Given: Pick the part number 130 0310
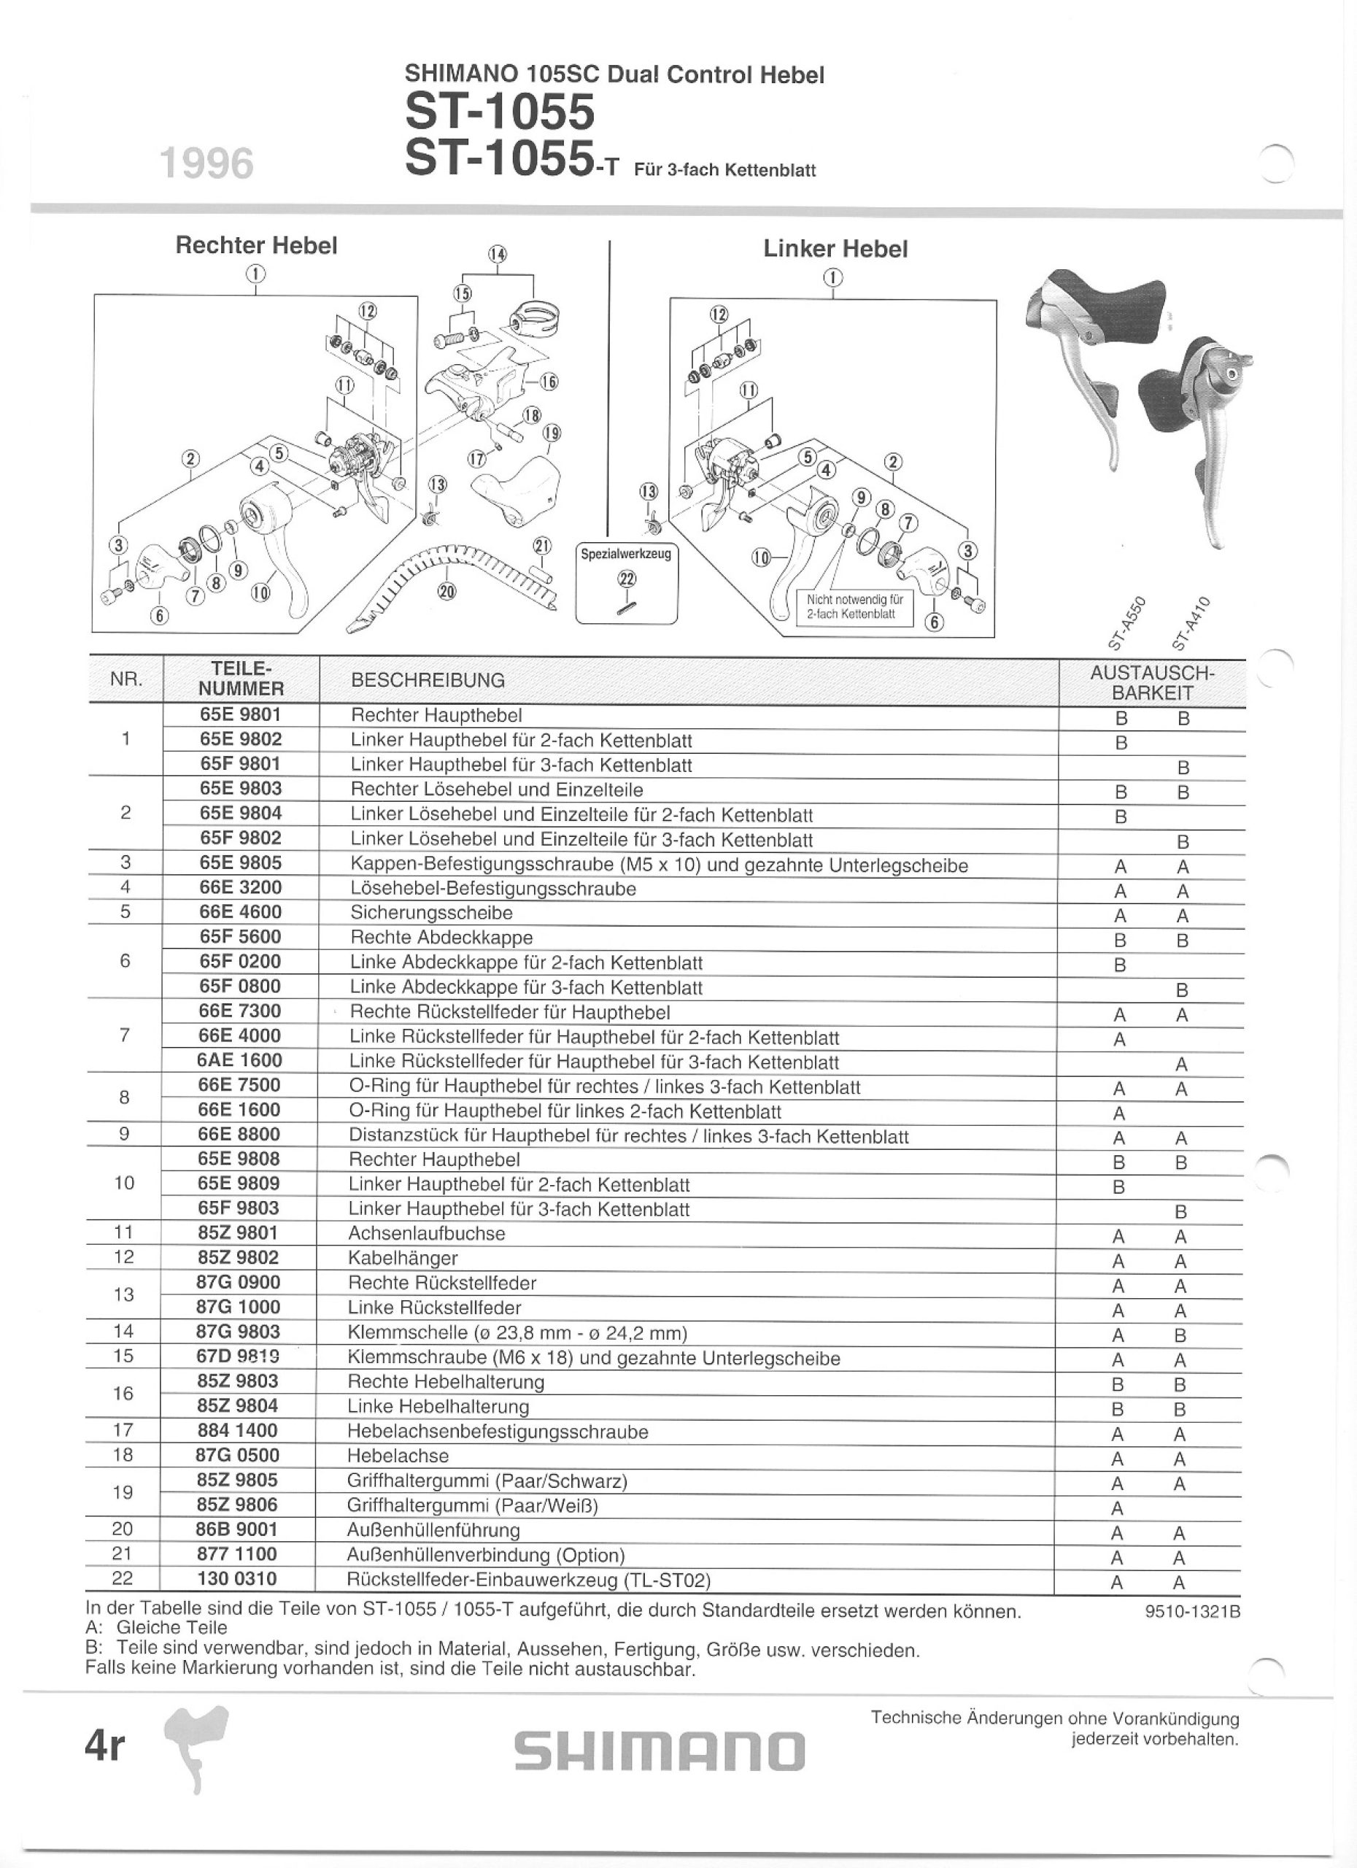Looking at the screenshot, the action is point(236,1579).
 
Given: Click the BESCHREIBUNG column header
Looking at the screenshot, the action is point(428,680).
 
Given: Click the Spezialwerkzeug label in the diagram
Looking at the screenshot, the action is point(626,555).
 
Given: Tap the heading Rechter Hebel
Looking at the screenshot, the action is point(257,245).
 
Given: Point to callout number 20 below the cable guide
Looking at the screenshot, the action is point(446,590).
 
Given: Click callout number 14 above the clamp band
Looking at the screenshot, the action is point(498,255).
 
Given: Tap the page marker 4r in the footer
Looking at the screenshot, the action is point(104,1745).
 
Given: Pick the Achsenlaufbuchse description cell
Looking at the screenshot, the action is point(427,1233).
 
